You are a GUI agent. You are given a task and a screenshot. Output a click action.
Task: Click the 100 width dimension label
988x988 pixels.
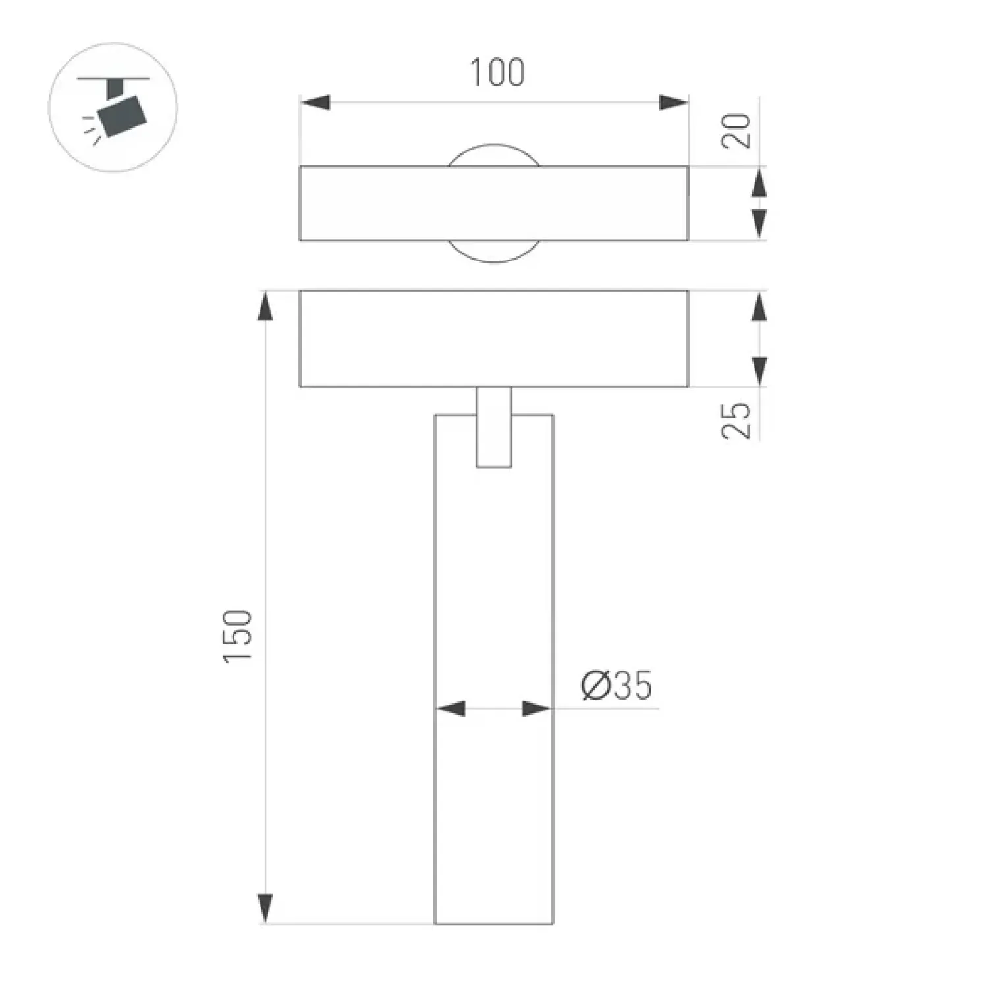pos(497,72)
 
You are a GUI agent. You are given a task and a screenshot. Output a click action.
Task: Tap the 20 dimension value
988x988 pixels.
pos(737,130)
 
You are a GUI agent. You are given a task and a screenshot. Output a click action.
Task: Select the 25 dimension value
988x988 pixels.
pos(737,420)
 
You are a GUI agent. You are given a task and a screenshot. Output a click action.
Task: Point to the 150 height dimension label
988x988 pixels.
pos(238,636)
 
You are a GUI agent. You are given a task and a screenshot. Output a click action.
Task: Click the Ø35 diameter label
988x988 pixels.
pos(617,686)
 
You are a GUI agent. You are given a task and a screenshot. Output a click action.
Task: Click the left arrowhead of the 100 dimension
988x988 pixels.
pos(315,103)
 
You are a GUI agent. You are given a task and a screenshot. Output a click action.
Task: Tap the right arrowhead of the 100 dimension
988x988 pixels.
pos(673,103)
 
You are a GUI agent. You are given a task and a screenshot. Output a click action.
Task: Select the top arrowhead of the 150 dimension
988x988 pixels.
pos(265,306)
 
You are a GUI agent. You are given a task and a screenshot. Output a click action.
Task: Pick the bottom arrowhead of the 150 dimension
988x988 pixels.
pos(265,909)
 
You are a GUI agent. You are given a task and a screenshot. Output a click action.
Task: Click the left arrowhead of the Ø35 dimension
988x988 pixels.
pos(451,709)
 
